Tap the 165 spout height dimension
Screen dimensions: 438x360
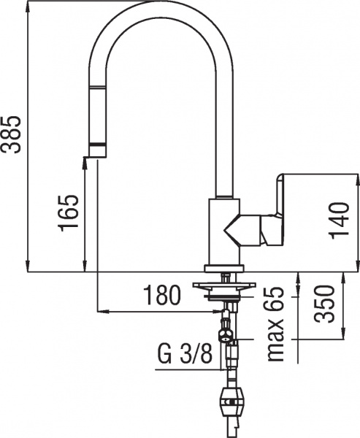[69, 212]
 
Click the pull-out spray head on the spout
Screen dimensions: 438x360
[96, 117]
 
